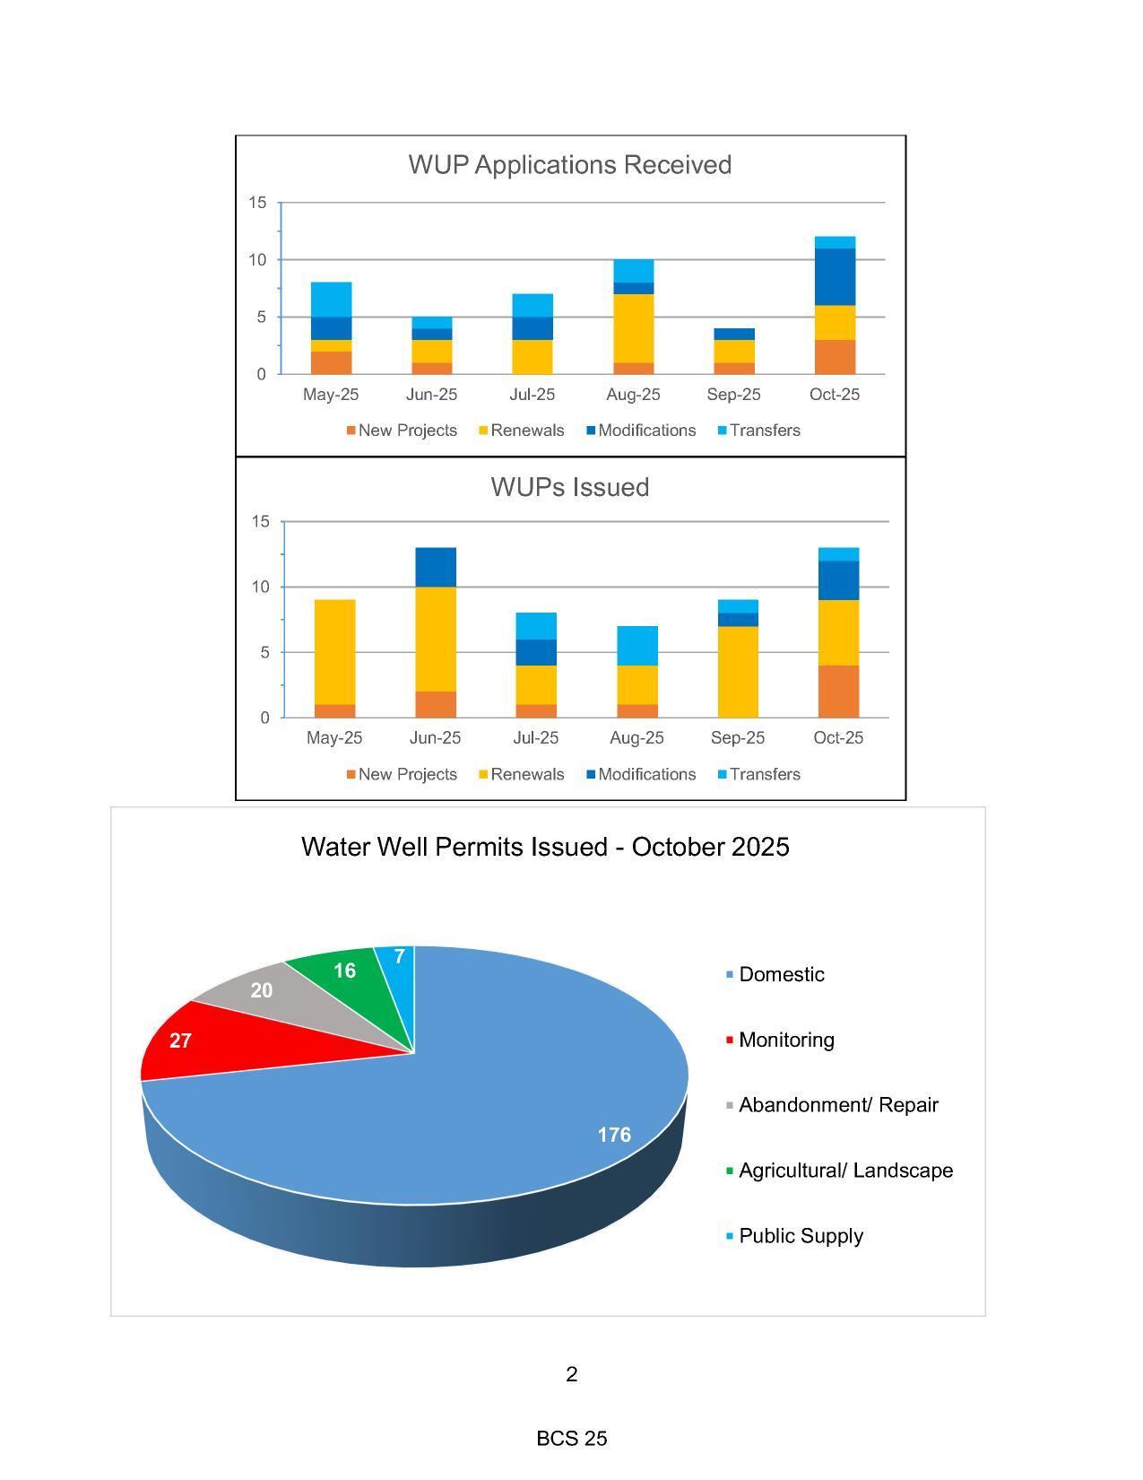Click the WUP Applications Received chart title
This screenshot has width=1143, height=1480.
coord(569,165)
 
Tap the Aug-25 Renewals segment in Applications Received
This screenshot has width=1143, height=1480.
coord(633,328)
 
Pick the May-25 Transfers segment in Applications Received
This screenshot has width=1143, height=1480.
coord(331,300)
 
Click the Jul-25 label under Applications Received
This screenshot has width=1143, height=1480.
coord(532,395)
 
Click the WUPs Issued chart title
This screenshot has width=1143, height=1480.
coord(569,487)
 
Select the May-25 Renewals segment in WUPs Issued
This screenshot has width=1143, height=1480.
coord(334,652)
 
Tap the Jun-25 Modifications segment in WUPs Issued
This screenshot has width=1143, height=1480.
coord(436,567)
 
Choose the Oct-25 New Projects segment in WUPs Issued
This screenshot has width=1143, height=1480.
coord(838,692)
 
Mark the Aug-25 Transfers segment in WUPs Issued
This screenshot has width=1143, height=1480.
coord(637,646)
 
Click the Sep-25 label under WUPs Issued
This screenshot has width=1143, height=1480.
coord(738,737)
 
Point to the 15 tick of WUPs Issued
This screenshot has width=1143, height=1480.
coord(261,521)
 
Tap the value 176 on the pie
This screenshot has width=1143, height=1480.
coord(614,1135)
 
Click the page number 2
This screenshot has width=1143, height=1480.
coord(572,1374)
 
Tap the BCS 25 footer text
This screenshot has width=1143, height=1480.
coord(572,1439)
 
